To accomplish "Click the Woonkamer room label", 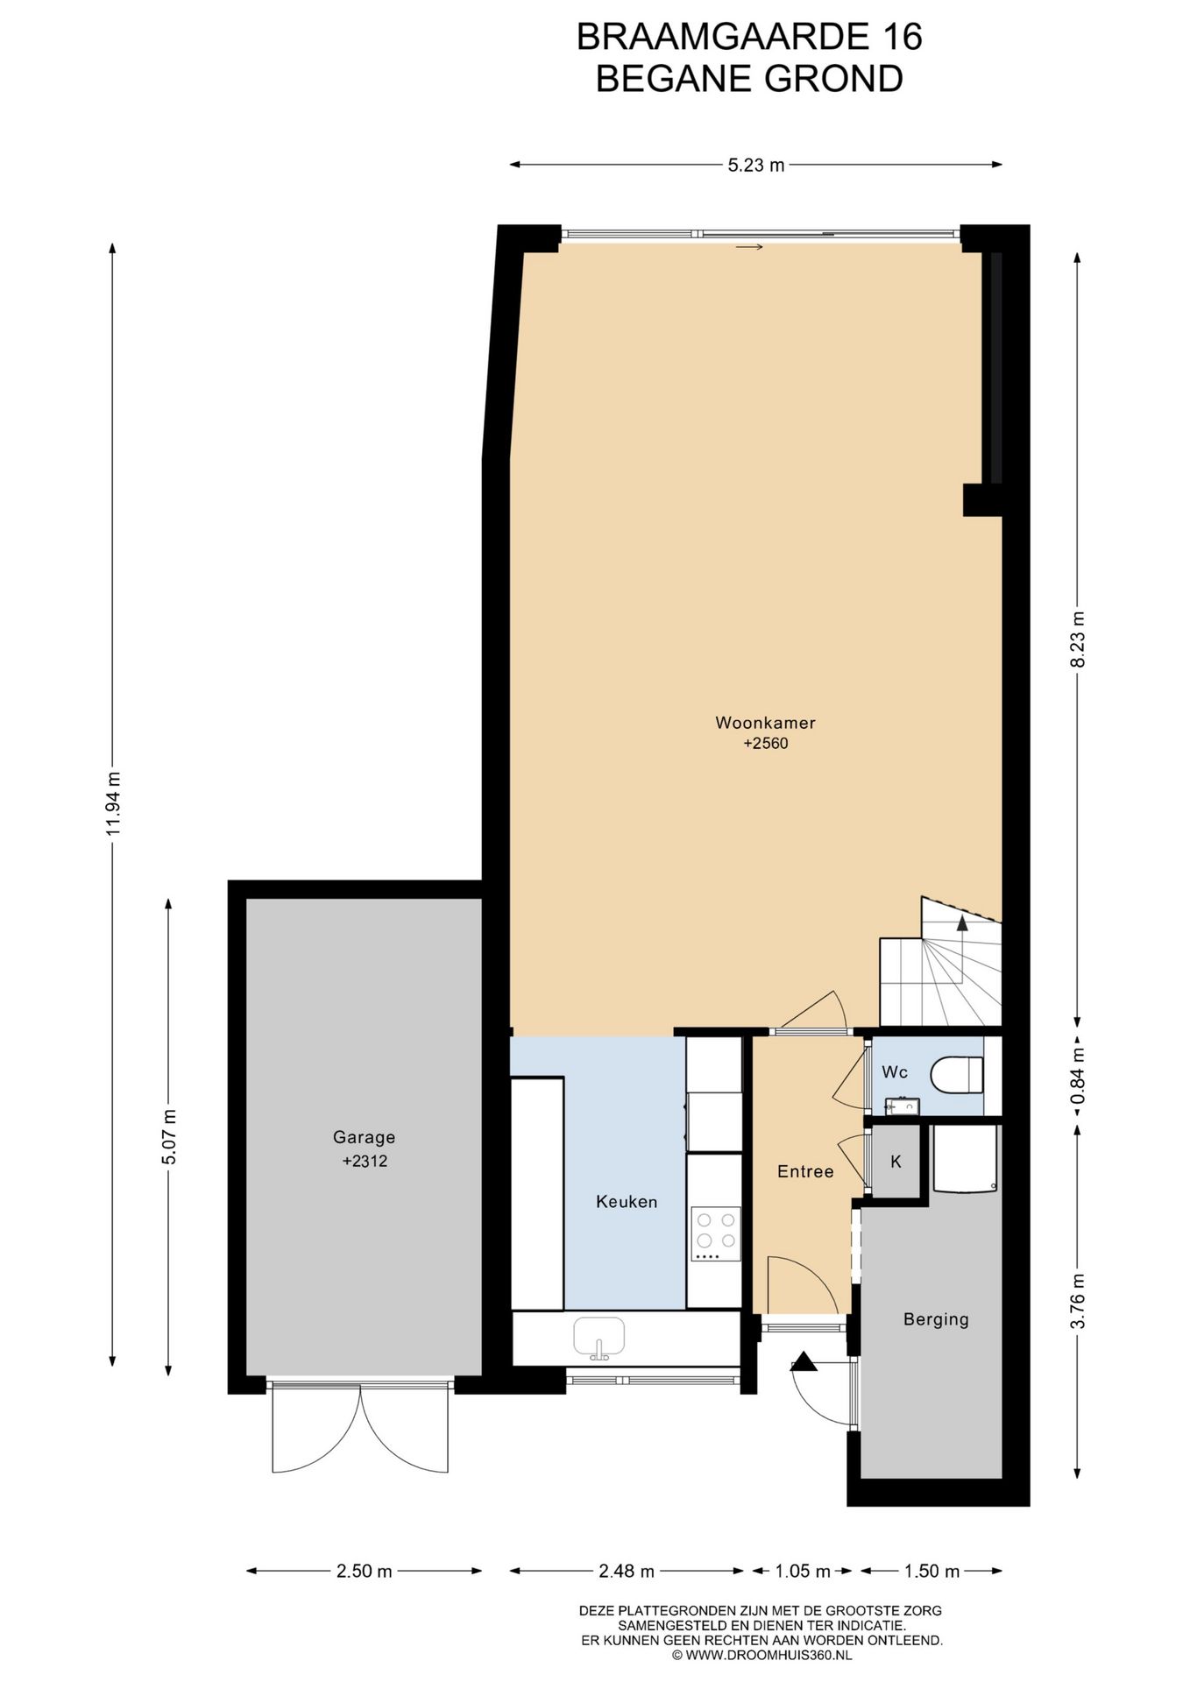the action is click(765, 723).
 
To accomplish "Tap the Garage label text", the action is click(364, 1137).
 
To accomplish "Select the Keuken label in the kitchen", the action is click(627, 1202).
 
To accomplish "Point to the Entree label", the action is click(805, 1171).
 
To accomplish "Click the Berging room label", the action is click(936, 1319).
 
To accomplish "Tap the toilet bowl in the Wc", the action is click(957, 1075).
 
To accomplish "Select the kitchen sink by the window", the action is click(599, 1338).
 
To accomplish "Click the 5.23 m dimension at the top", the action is click(756, 165).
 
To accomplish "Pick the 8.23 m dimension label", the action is click(1077, 640).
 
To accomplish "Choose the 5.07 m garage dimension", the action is click(169, 1136).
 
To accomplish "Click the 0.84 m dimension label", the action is click(1078, 1076).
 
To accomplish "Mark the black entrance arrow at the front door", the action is click(804, 1362).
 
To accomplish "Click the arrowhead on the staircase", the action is click(962, 922).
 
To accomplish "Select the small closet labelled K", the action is click(896, 1162).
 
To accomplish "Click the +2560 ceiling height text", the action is click(766, 744).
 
